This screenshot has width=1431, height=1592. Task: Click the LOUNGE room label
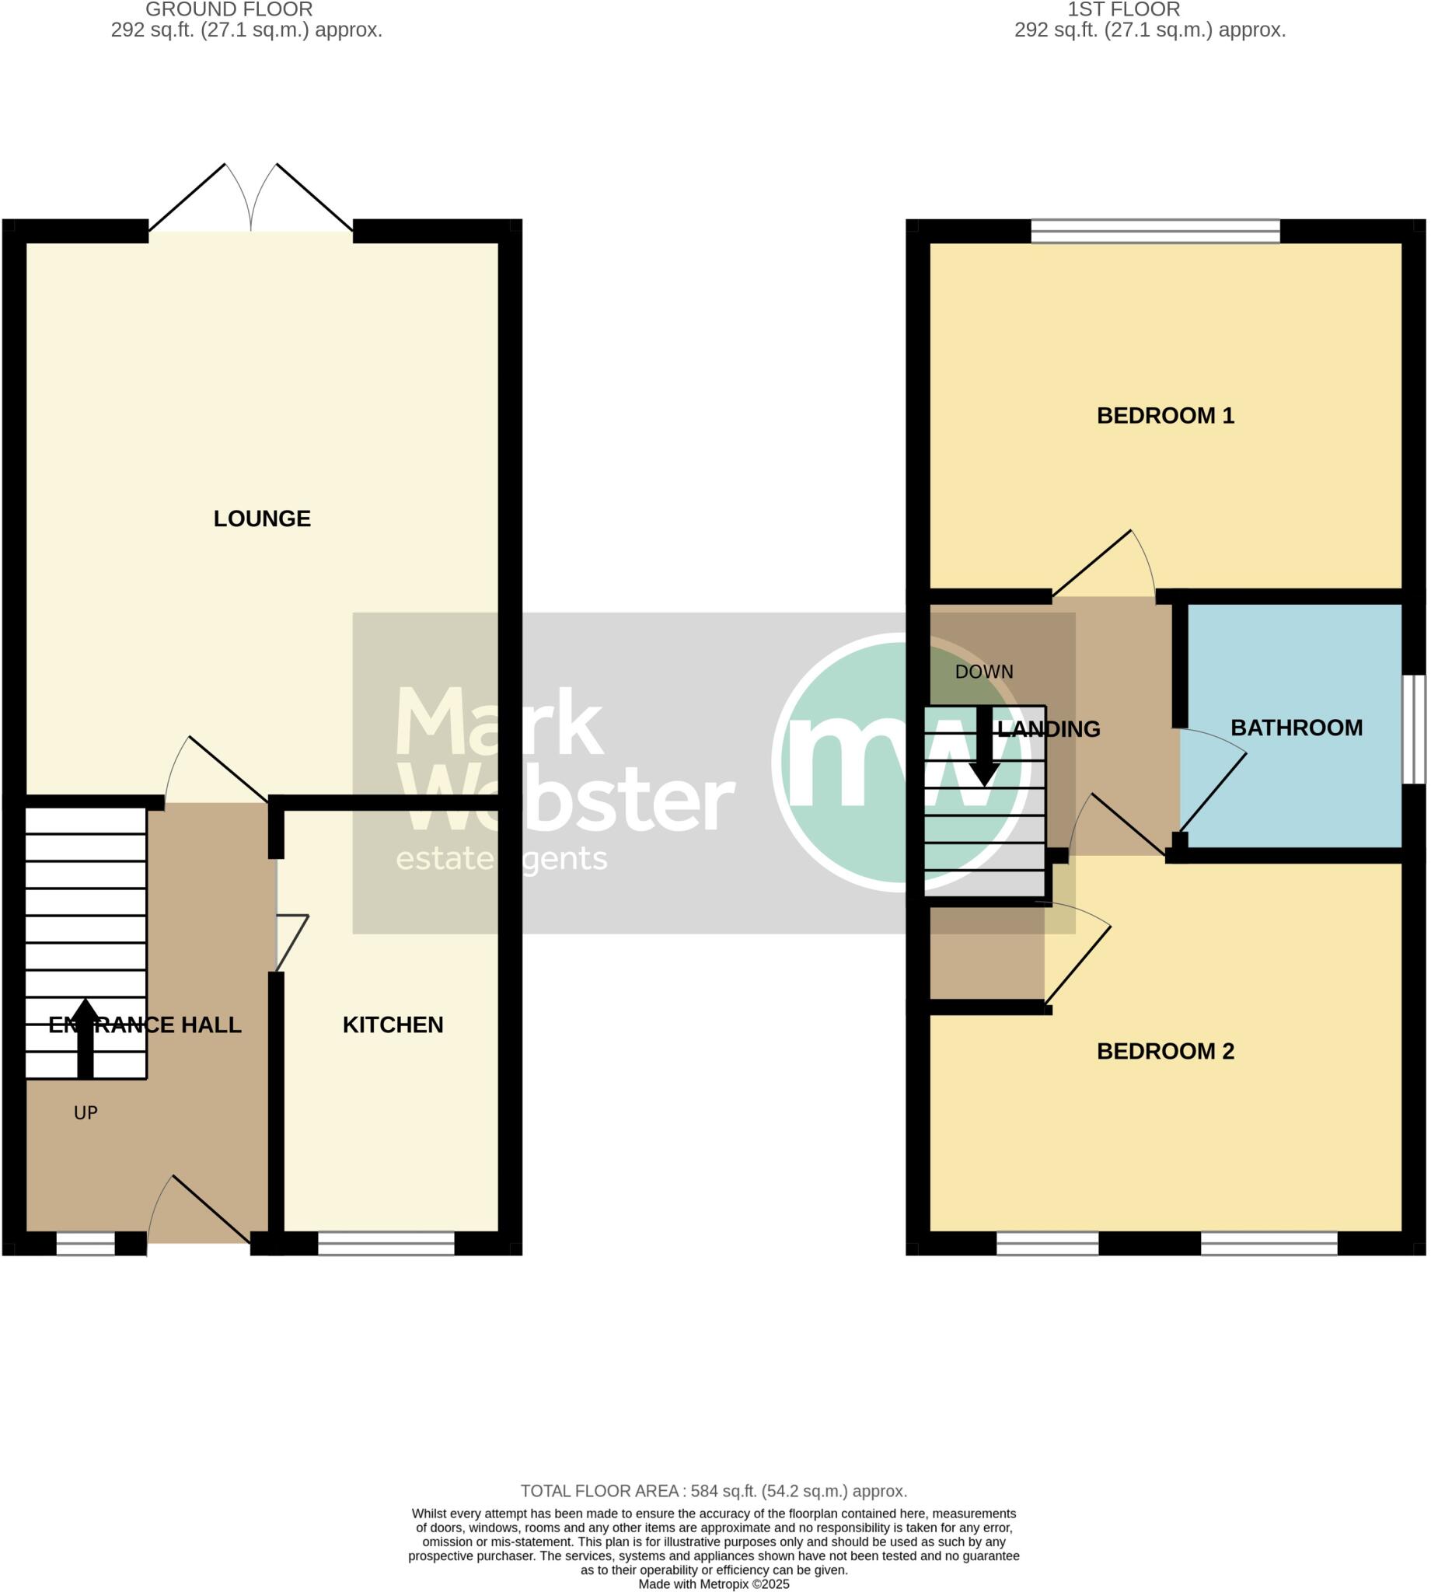262,518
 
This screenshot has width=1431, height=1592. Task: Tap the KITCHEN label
393,1025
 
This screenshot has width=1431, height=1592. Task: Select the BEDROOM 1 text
1164,416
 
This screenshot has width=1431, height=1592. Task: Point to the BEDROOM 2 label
1164,1052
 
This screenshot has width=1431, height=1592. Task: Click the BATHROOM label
1296,728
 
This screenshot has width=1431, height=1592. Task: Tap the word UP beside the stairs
85,1113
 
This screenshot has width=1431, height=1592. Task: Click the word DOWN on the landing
983,672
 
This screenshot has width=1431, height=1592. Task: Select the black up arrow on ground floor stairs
85,1038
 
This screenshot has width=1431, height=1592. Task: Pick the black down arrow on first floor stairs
983,747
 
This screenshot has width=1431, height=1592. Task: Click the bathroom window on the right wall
1414,730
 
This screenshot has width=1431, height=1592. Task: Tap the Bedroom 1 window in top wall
1155,231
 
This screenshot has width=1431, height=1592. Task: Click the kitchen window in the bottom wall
386,1244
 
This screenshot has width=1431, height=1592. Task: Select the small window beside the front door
85,1244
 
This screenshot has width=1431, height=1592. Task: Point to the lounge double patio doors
251,201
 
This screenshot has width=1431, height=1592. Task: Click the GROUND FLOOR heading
229,9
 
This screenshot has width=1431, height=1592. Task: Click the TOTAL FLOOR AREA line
713,1492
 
